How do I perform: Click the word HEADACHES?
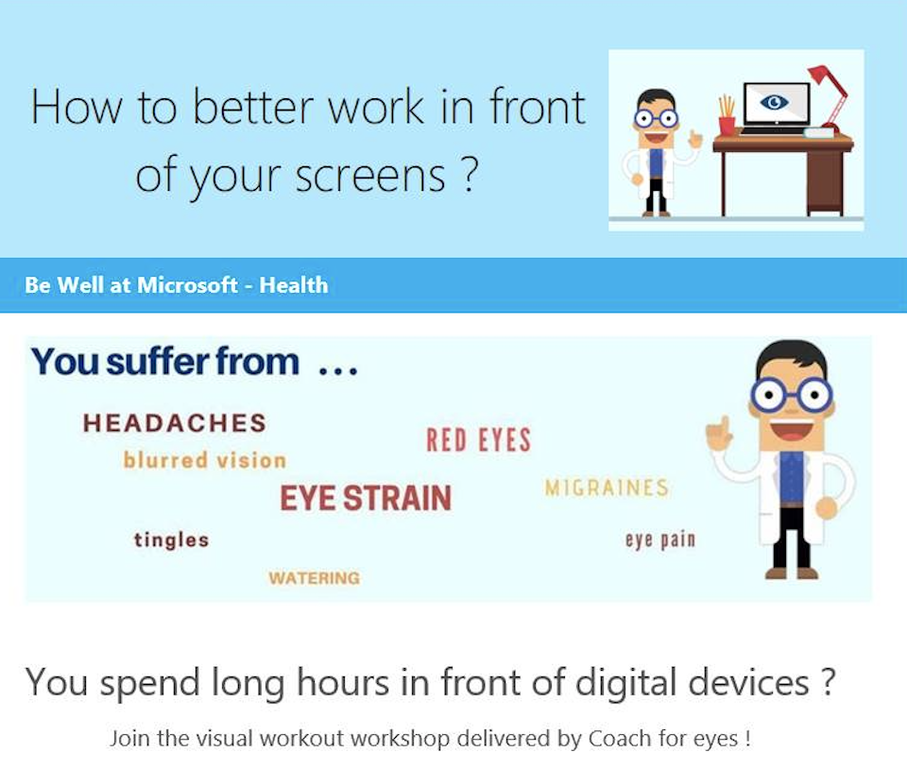pyautogui.click(x=174, y=422)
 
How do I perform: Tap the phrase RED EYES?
pyautogui.click(x=478, y=440)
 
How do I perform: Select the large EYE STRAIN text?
pyautogui.click(x=366, y=498)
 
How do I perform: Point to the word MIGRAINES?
pyautogui.click(x=607, y=487)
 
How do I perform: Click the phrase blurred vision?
pyautogui.click(x=205, y=460)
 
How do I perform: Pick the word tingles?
pyautogui.click(x=171, y=539)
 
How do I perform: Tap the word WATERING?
pyautogui.click(x=314, y=577)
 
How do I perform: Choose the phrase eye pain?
pyautogui.click(x=660, y=540)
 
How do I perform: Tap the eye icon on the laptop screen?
pyautogui.click(x=774, y=102)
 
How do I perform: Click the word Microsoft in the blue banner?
pyautogui.click(x=187, y=285)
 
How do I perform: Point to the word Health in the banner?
pyautogui.click(x=293, y=285)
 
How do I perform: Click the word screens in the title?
pyautogui.click(x=370, y=175)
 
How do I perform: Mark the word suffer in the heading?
pyautogui.click(x=158, y=362)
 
